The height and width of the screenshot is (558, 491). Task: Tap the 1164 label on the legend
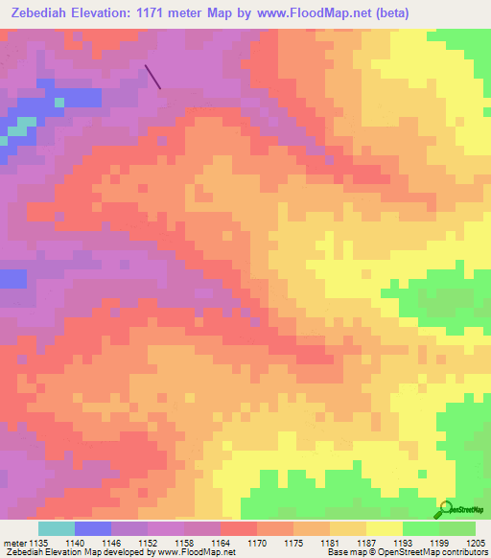click(220, 542)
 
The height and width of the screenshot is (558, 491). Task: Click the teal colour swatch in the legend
click(56, 528)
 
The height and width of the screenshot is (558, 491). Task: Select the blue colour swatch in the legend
click(92, 528)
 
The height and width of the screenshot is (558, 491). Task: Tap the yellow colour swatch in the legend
click(384, 528)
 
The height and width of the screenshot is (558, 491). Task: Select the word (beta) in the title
click(409, 13)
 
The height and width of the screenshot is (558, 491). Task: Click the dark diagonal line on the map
click(152, 77)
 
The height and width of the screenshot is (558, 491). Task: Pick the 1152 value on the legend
click(147, 542)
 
